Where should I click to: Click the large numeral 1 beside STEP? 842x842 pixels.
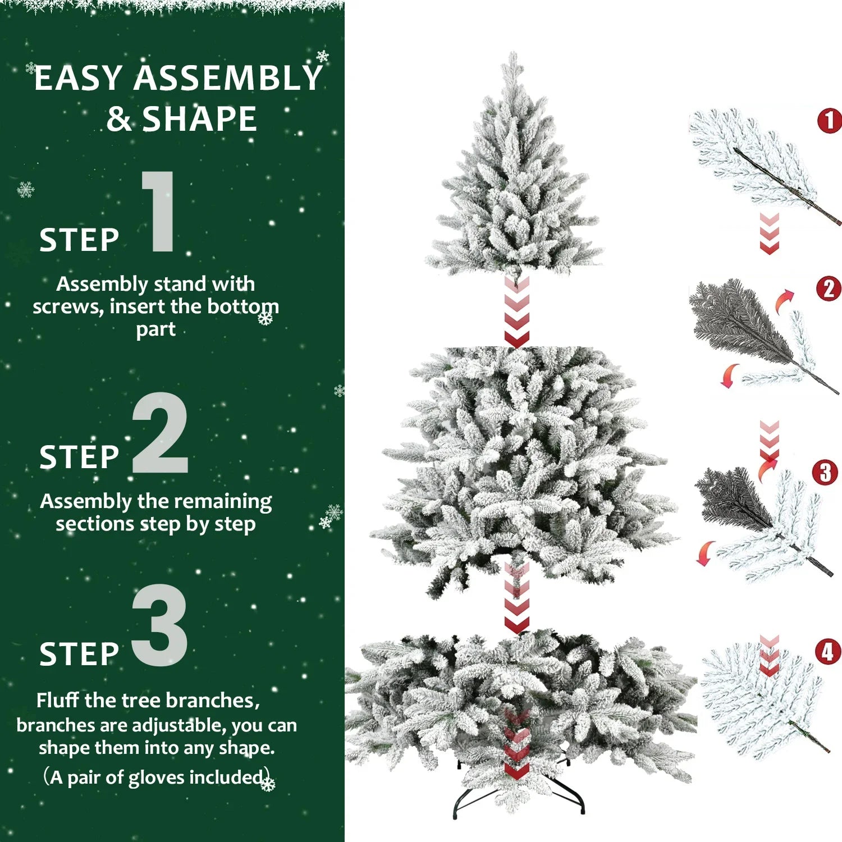click(159, 212)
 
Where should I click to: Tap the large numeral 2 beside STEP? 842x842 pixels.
click(159, 433)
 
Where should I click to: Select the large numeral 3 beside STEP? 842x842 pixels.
click(159, 625)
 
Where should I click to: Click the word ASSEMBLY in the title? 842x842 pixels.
click(227, 79)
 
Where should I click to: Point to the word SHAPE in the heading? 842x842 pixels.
click(199, 119)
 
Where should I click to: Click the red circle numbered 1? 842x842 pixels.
click(830, 121)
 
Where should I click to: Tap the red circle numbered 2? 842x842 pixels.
click(829, 289)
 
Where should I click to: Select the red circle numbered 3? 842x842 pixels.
click(825, 473)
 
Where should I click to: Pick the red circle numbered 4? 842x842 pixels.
click(827, 652)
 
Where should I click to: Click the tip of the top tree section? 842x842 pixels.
click(512, 56)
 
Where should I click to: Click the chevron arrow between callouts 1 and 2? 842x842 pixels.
click(769, 233)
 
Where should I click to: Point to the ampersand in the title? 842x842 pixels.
click(118, 120)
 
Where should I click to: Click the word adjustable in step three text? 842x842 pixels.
click(179, 725)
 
